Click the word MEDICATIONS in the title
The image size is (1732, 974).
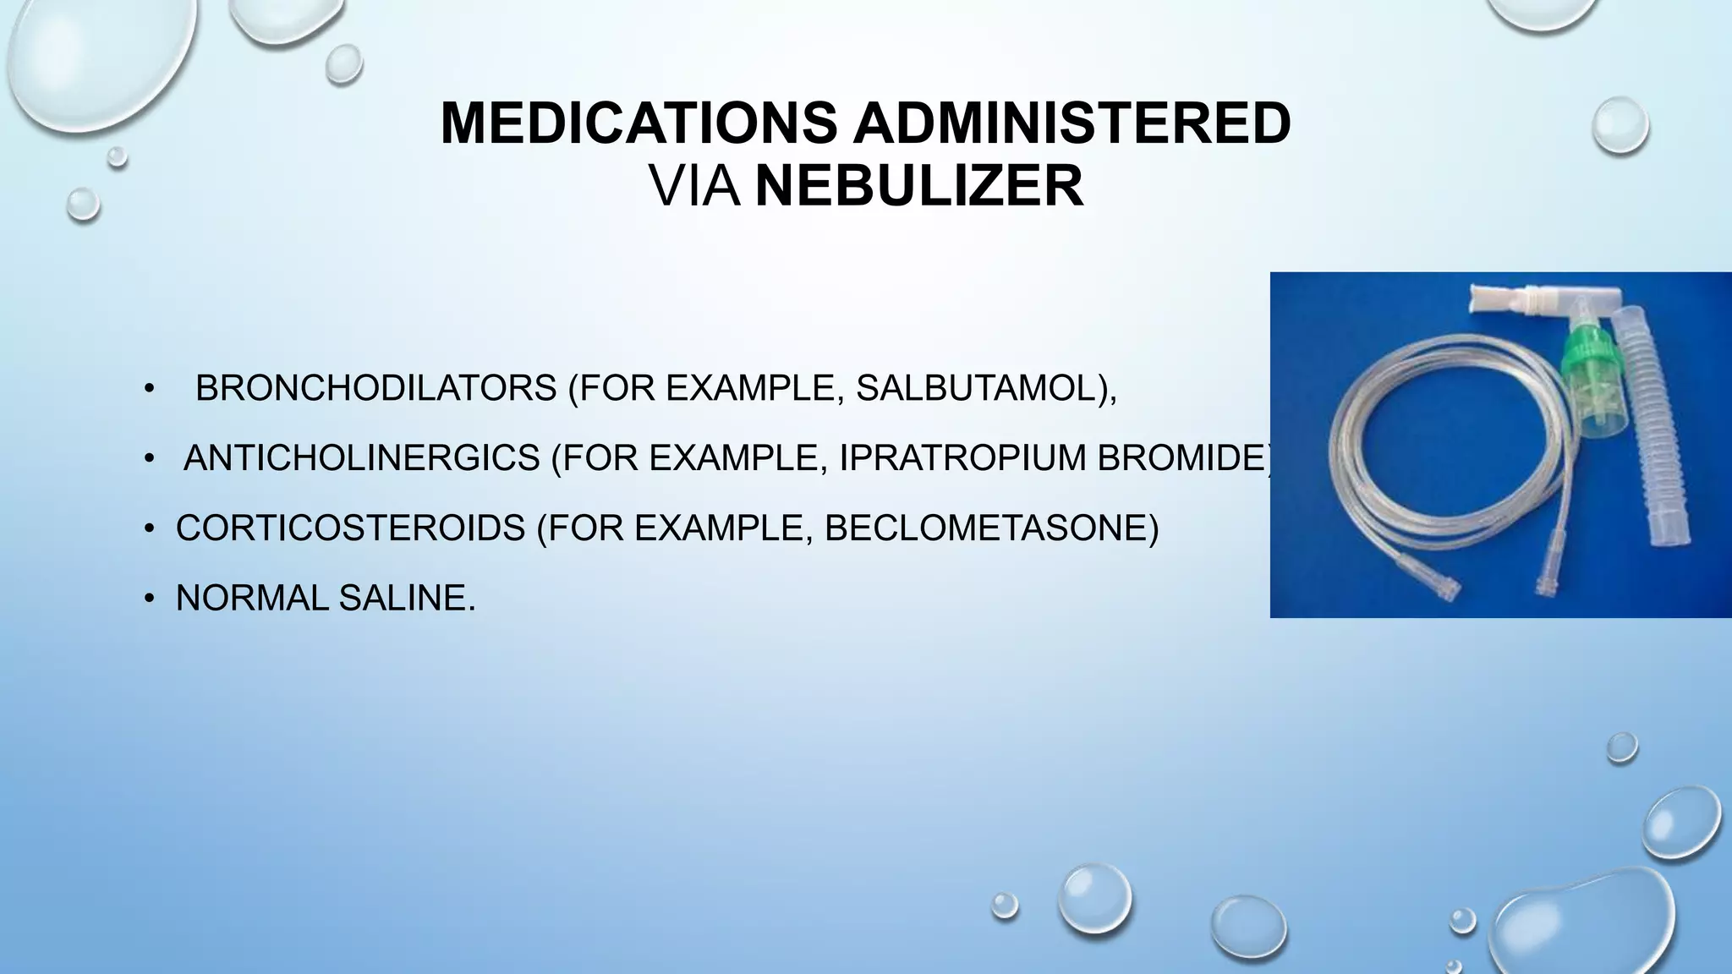pos(639,123)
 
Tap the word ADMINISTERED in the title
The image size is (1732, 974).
pos(1072,123)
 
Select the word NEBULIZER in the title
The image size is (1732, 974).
pos(918,186)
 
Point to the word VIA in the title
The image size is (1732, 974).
pos(694,186)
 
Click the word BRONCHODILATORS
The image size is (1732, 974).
pos(375,388)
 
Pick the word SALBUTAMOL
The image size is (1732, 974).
pos(975,388)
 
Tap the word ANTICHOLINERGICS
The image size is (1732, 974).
pos(361,458)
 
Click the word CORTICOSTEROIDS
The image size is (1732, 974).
pos(350,528)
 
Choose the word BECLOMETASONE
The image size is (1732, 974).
pos(985,528)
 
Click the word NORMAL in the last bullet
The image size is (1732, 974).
pos(252,599)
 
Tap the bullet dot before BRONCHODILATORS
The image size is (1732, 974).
pos(150,389)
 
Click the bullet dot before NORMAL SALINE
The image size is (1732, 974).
pos(150,599)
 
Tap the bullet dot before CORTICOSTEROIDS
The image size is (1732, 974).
pos(150,529)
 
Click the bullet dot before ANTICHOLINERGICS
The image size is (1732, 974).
pos(150,459)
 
